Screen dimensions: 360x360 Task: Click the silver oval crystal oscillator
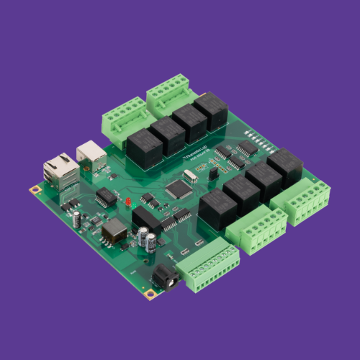pyautogui.click(x=190, y=175)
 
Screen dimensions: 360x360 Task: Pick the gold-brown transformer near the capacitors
pyautogui.click(x=114, y=233)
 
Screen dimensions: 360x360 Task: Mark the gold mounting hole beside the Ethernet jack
pyautogui.click(x=34, y=190)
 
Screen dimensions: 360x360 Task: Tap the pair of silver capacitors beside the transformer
pyautogui.click(x=148, y=239)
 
